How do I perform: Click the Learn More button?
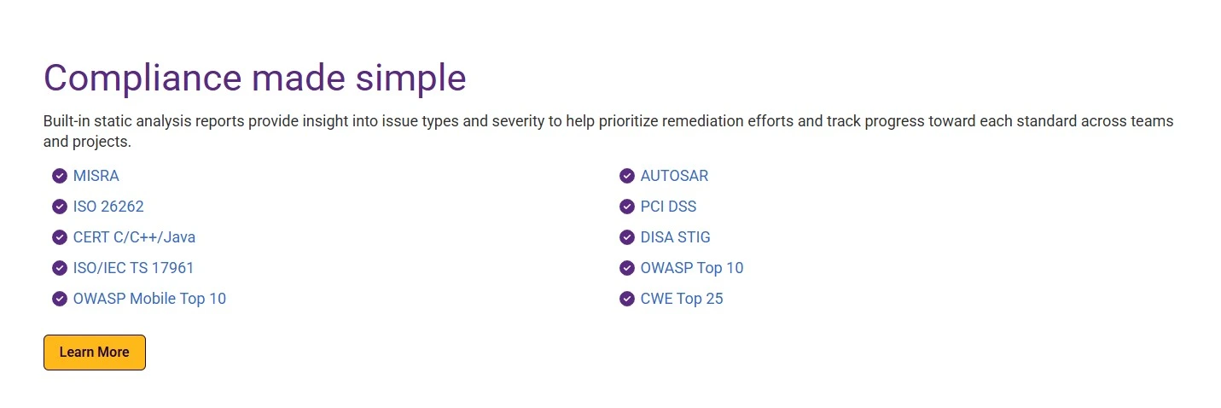pyautogui.click(x=95, y=353)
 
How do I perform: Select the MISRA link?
pyautogui.click(x=96, y=176)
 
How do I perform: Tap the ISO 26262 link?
pyautogui.click(x=108, y=207)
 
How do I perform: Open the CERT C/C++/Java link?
pyautogui.click(x=134, y=237)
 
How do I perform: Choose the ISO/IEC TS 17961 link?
pyautogui.click(x=134, y=268)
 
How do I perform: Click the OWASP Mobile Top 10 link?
pyautogui.click(x=149, y=299)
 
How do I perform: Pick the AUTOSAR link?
pyautogui.click(x=674, y=176)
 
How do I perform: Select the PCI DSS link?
pyautogui.click(x=668, y=207)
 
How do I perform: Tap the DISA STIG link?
pyautogui.click(x=676, y=237)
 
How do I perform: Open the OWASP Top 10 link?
pyautogui.click(x=692, y=268)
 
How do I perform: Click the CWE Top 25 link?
pyautogui.click(x=682, y=299)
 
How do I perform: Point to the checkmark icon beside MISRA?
pyautogui.click(x=60, y=176)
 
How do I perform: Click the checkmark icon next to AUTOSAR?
pyautogui.click(x=627, y=176)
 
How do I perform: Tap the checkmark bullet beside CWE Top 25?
pyautogui.click(x=627, y=299)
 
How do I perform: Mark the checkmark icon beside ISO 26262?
pyautogui.click(x=60, y=207)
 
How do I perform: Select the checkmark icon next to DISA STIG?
pyautogui.click(x=627, y=237)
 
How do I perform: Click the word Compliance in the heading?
pyautogui.click(x=142, y=79)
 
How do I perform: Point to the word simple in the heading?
pyautogui.click(x=411, y=79)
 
